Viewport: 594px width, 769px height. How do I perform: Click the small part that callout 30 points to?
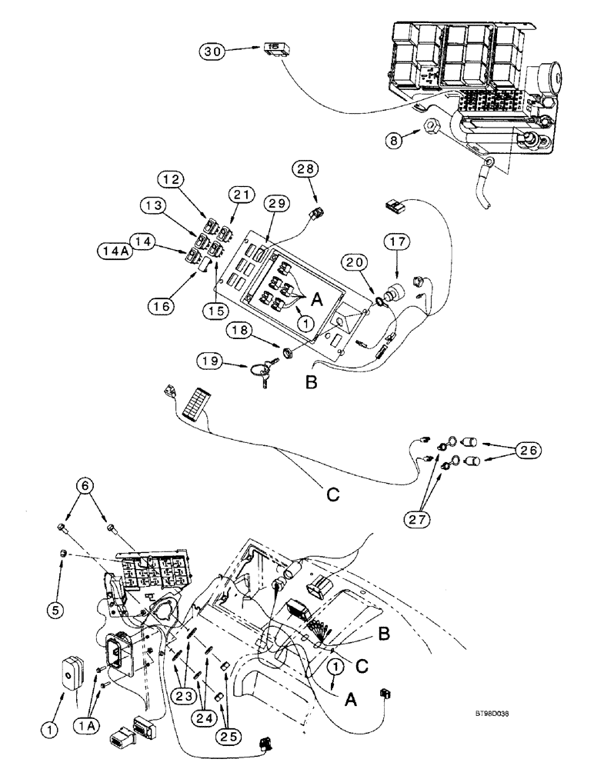(x=272, y=48)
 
